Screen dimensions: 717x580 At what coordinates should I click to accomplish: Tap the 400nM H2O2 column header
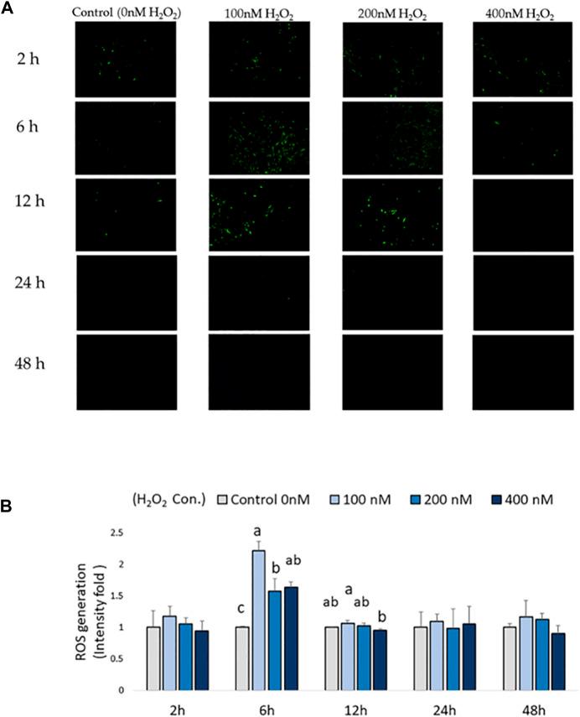(x=519, y=12)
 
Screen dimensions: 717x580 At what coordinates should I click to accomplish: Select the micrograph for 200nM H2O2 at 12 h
(x=392, y=213)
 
